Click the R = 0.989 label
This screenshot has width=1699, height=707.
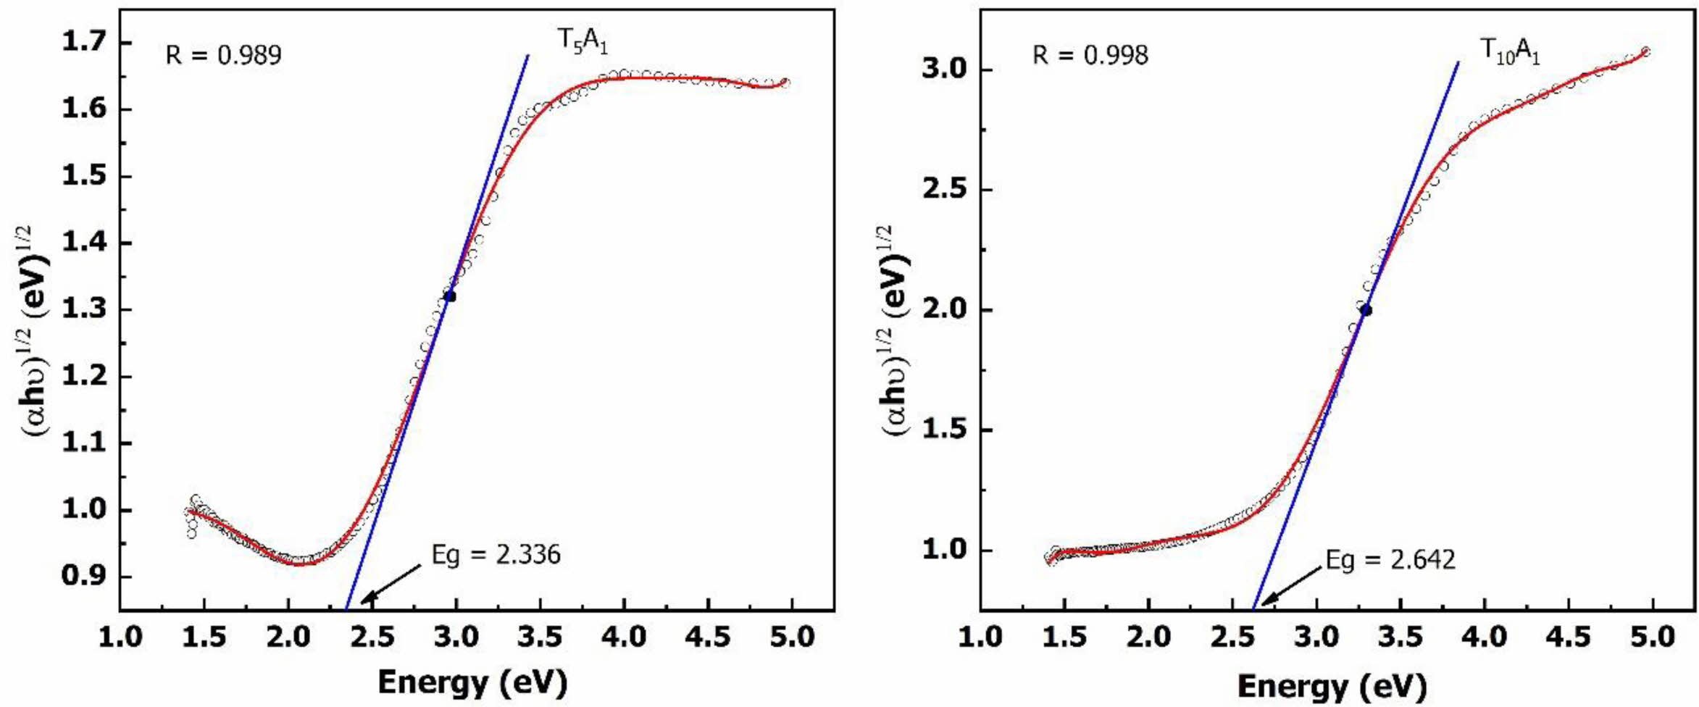pos(223,55)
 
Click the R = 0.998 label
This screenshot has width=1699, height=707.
pos(1090,55)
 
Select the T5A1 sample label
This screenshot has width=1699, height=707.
pos(582,41)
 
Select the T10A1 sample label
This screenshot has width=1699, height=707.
pos(1509,51)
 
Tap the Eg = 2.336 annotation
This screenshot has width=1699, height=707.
pos(496,555)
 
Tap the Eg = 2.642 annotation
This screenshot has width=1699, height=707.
pos(1390,560)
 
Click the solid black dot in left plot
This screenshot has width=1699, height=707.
pos(451,296)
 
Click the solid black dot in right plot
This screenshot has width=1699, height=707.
pos(1366,310)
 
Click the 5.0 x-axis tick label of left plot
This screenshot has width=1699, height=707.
pos(791,637)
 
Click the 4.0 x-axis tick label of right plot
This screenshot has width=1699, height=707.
pos(1484,637)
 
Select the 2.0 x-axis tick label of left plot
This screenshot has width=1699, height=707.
pos(288,637)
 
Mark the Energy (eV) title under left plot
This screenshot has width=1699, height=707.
pos(472,682)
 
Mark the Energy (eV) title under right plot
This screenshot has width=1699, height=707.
pos(1332,685)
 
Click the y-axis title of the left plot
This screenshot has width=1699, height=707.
pos(34,330)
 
